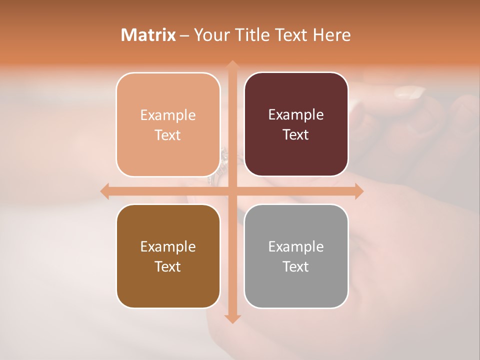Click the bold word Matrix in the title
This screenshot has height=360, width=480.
click(x=148, y=35)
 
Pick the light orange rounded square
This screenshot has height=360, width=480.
click(x=168, y=124)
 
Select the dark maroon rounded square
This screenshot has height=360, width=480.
click(x=296, y=124)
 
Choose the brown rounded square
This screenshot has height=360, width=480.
click(x=168, y=256)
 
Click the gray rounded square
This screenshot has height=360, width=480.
click(x=296, y=256)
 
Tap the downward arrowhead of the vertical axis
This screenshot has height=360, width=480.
click(x=232, y=318)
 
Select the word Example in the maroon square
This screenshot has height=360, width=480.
click(x=296, y=115)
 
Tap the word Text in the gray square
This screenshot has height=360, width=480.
click(x=296, y=266)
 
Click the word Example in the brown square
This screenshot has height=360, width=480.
click(x=168, y=246)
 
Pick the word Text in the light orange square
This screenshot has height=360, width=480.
click(x=168, y=135)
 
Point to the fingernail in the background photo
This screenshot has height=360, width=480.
click(x=409, y=92)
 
